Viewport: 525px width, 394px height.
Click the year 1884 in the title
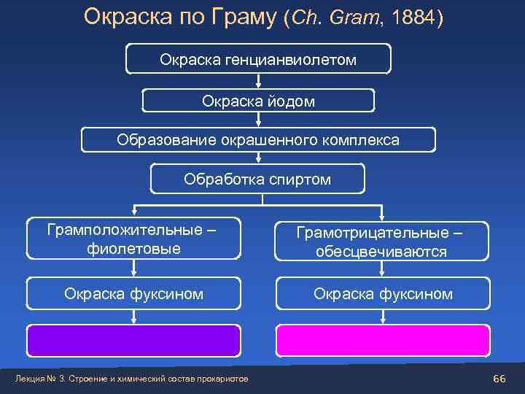[413, 16]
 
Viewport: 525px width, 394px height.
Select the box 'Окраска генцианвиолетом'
[258, 59]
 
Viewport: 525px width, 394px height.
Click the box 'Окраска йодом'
[258, 101]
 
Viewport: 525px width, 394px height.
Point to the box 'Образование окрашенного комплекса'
[258, 139]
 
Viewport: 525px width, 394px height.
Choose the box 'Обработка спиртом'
[257, 179]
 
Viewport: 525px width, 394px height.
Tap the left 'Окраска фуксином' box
[133, 293]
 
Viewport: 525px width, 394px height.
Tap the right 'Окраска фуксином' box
[383, 293]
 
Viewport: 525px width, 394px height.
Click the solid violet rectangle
[133, 339]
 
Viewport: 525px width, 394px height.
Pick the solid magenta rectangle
[383, 339]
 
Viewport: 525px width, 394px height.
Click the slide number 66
[499, 378]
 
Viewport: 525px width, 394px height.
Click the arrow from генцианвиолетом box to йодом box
[258, 82]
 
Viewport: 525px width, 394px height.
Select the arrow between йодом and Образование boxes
[258, 120]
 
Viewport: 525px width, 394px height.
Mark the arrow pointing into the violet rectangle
[133, 316]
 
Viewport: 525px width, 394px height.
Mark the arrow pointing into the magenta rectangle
[383, 316]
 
